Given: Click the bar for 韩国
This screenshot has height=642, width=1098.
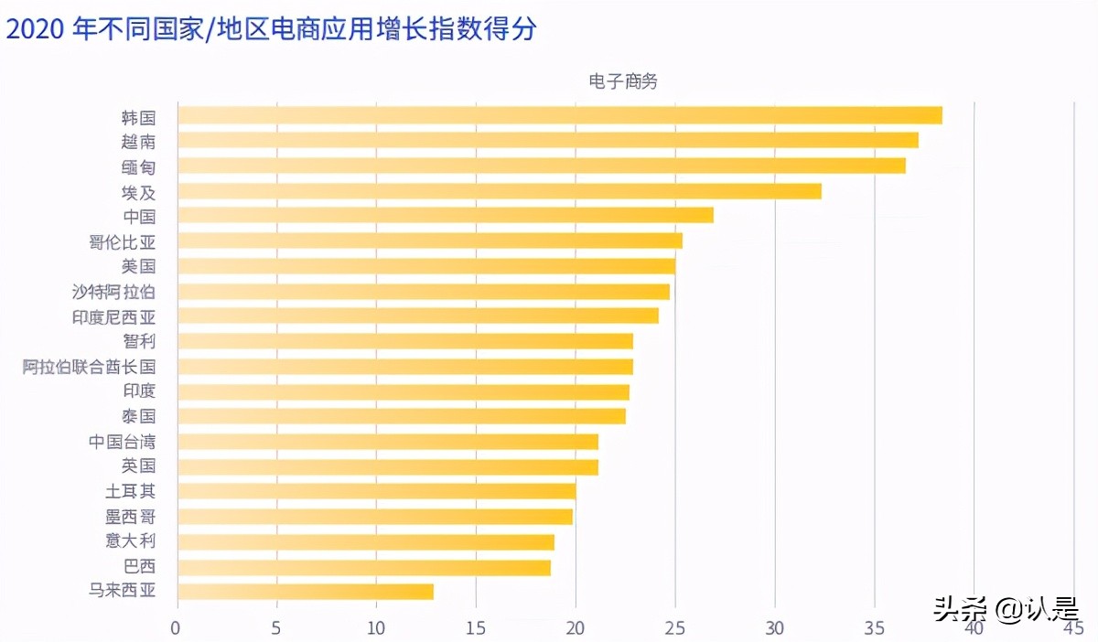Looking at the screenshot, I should click(559, 115).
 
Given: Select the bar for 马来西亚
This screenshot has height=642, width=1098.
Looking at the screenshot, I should click(305, 591).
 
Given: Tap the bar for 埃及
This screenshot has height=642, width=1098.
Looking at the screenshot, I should click(499, 191).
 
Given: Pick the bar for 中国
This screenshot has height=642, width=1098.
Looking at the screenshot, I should click(445, 216).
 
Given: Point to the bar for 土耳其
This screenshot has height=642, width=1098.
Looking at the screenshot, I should click(376, 491).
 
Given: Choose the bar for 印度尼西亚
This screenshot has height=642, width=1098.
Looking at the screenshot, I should click(417, 316).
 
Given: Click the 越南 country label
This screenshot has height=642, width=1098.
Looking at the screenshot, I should click(138, 142).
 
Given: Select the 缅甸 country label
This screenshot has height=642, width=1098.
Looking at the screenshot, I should click(138, 166).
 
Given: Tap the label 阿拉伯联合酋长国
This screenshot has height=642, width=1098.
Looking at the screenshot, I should click(89, 367).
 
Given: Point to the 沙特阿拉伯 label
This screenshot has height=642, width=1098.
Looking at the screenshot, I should click(113, 292).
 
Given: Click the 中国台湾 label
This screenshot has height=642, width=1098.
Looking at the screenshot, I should click(122, 442).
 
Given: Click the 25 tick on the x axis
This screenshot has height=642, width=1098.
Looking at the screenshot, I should click(675, 628).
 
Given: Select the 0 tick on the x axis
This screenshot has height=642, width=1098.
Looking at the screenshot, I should click(177, 628).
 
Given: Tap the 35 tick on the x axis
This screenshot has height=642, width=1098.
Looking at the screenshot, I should click(875, 628).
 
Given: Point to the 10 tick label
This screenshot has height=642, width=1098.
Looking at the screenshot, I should click(376, 628).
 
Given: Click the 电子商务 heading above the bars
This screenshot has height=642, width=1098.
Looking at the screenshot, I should click(623, 81).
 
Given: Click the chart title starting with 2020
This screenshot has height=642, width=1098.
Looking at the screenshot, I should click(272, 29).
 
